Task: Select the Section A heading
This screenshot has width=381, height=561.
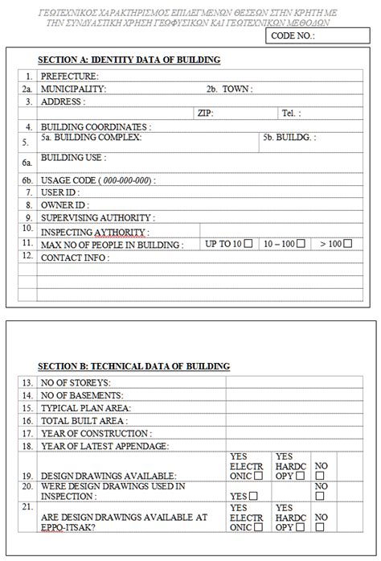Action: (129, 60)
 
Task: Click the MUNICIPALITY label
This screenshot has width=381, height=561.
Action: (73, 89)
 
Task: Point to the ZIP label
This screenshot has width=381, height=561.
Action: (205, 113)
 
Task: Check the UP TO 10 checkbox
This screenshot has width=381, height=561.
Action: (248, 243)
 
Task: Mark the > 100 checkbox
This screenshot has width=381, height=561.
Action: (347, 243)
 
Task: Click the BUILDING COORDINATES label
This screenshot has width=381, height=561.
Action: (96, 126)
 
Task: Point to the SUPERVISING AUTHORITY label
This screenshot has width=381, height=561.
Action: (98, 217)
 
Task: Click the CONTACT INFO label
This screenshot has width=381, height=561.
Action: (74, 258)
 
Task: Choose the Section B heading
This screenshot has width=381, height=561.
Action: (134, 366)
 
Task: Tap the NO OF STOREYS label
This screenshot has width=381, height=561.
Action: (76, 382)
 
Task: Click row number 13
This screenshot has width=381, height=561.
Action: (27, 382)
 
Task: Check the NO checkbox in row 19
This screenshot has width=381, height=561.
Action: (320, 476)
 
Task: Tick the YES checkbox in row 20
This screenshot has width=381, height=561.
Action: (253, 496)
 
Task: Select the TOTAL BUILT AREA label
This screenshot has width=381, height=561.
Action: (84, 420)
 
